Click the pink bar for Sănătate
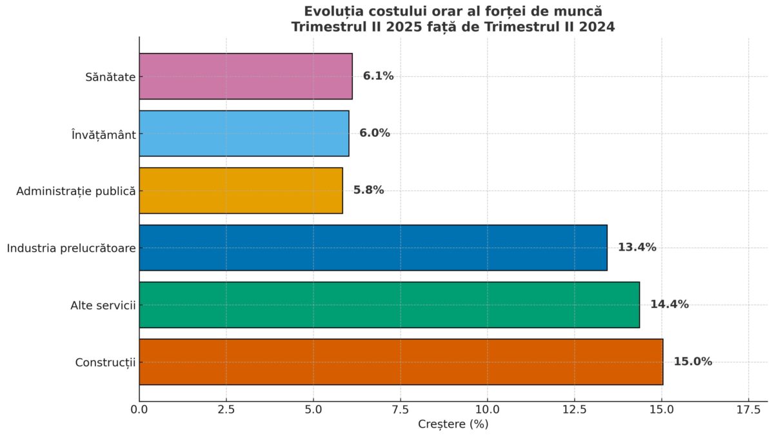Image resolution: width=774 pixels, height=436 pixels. click(x=246, y=76)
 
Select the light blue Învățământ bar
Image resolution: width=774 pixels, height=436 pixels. click(x=244, y=133)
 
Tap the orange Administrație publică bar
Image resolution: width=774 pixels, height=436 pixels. click(x=241, y=191)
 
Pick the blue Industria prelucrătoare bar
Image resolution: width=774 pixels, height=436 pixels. click(x=373, y=247)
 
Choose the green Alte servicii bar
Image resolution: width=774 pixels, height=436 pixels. click(x=389, y=304)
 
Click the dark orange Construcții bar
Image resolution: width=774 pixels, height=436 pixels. click(x=401, y=362)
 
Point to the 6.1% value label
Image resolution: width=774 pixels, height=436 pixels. click(x=378, y=76)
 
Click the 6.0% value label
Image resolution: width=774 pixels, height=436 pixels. click(x=375, y=133)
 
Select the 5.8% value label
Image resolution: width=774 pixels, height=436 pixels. click(x=368, y=191)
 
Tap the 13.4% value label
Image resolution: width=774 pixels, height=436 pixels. click(x=637, y=247)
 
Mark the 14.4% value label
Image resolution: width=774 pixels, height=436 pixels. click(x=669, y=304)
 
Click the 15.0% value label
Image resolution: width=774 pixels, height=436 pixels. click(x=693, y=362)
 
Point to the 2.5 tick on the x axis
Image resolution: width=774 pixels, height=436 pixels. click(x=226, y=410)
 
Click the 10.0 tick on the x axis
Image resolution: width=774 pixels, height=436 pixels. click(x=488, y=410)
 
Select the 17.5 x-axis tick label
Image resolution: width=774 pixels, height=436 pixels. click(x=748, y=410)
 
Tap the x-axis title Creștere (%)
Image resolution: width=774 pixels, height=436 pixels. click(x=453, y=424)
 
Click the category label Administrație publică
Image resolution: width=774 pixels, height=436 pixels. click(x=76, y=191)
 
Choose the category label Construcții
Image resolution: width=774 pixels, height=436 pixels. click(x=105, y=362)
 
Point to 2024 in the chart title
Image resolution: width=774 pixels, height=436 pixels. click(x=596, y=27)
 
